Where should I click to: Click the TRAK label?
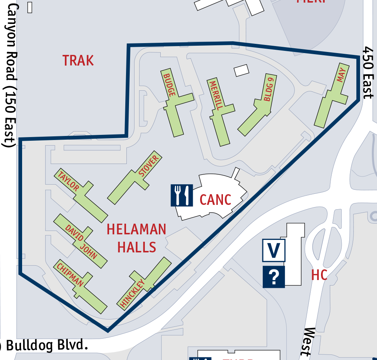[x=78, y=60]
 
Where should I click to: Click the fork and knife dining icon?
[x=182, y=195]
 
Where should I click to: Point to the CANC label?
[x=215, y=200]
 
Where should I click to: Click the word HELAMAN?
[x=136, y=230]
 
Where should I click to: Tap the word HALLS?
[x=136, y=247]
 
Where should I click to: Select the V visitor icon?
[x=273, y=250]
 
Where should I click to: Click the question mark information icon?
[x=273, y=277]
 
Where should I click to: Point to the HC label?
[x=319, y=275]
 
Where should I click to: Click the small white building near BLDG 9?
[x=241, y=70]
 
